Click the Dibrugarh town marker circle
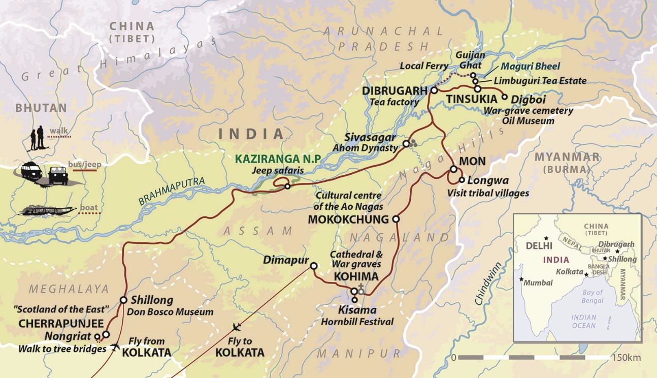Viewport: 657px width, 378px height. click(x=435, y=90)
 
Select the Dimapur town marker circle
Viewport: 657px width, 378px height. click(x=314, y=266)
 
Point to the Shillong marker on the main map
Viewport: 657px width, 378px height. click(x=123, y=300)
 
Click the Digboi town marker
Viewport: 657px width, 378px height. click(x=504, y=97)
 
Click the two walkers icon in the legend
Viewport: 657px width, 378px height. click(x=36, y=139)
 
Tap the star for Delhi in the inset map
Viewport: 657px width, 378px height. click(x=546, y=238)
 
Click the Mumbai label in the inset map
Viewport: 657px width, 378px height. click(x=539, y=282)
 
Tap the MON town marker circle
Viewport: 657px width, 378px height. click(x=453, y=169)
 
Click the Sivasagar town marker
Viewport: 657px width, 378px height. click(x=406, y=144)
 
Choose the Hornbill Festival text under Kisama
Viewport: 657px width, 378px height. click(x=357, y=321)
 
